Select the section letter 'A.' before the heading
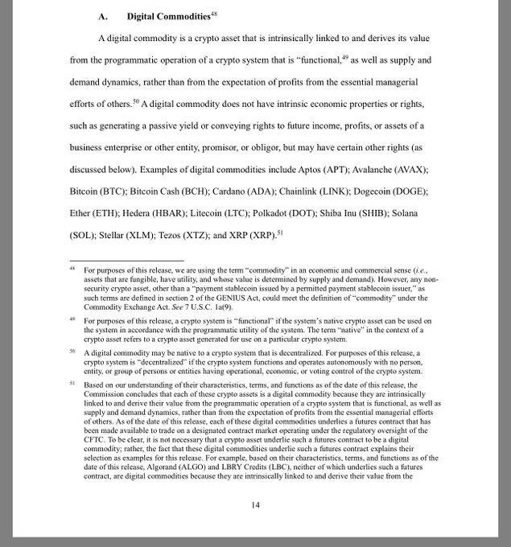click(103, 16)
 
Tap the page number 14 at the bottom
click(255, 504)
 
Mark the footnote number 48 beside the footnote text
click(72, 269)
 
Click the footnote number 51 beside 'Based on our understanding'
click(72, 385)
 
